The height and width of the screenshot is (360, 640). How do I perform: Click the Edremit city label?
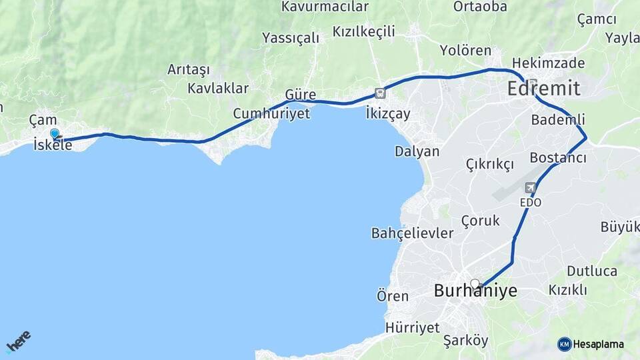pyautogui.click(x=543, y=89)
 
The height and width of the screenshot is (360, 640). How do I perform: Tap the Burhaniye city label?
pyautogui.click(x=475, y=291)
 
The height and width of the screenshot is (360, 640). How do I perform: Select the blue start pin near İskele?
pyautogui.click(x=55, y=133)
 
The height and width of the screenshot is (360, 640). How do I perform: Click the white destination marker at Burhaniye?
pyautogui.click(x=475, y=284)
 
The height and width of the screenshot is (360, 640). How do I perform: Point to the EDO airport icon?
pyautogui.click(x=531, y=188)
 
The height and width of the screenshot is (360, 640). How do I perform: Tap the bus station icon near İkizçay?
pyautogui.click(x=380, y=94)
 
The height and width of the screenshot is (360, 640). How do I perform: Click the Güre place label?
pyautogui.click(x=300, y=95)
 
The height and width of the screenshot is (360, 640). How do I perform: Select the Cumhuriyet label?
pyautogui.click(x=271, y=114)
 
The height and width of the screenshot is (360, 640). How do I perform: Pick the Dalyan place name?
pyautogui.click(x=417, y=151)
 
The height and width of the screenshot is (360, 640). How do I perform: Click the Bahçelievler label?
pyautogui.click(x=412, y=233)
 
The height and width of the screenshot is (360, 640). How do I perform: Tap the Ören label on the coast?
pyautogui.click(x=392, y=296)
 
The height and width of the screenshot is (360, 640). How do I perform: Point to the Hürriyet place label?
pyautogui.click(x=412, y=327)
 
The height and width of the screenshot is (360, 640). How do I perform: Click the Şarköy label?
pyautogui.click(x=465, y=341)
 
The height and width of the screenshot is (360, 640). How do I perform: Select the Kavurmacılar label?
pyautogui.click(x=325, y=7)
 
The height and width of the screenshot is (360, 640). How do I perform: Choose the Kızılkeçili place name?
pyautogui.click(x=363, y=31)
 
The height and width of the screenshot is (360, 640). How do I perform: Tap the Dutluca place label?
pyautogui.click(x=592, y=271)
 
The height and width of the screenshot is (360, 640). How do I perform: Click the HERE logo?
pyautogui.click(x=18, y=341)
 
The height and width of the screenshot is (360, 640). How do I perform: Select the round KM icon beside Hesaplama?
pyautogui.click(x=564, y=344)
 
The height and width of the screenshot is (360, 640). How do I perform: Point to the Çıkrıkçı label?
pyautogui.click(x=490, y=164)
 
